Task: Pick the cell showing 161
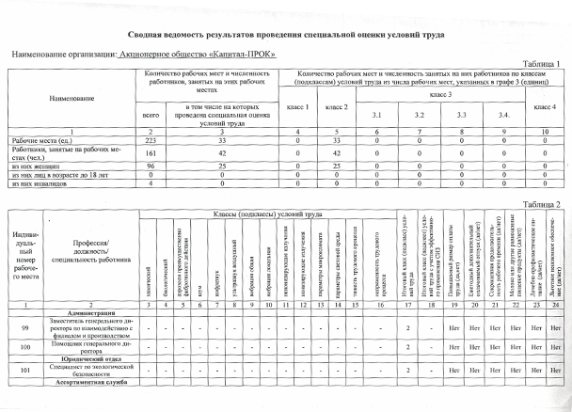coord(149,151)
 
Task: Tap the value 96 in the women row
coord(149,164)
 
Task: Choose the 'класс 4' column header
coord(546,108)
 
